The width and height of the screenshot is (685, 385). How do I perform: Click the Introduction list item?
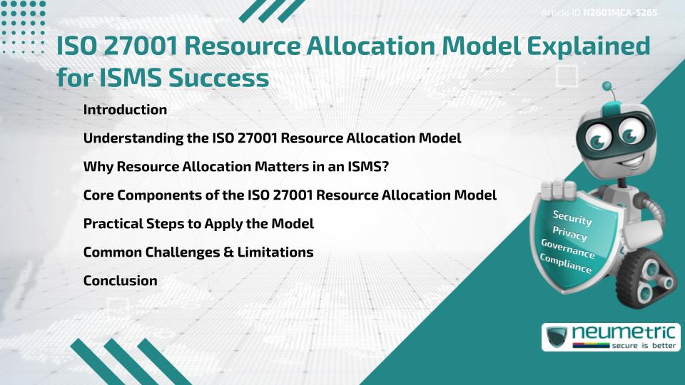click(125, 110)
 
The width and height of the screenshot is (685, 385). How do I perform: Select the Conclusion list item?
click(120, 280)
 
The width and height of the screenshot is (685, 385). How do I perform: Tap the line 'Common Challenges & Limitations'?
click(198, 252)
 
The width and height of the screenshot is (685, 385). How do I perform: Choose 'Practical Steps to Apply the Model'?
click(198, 223)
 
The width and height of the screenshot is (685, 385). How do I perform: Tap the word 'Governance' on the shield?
click(567, 249)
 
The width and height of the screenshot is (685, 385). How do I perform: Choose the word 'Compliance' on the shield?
click(566, 263)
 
